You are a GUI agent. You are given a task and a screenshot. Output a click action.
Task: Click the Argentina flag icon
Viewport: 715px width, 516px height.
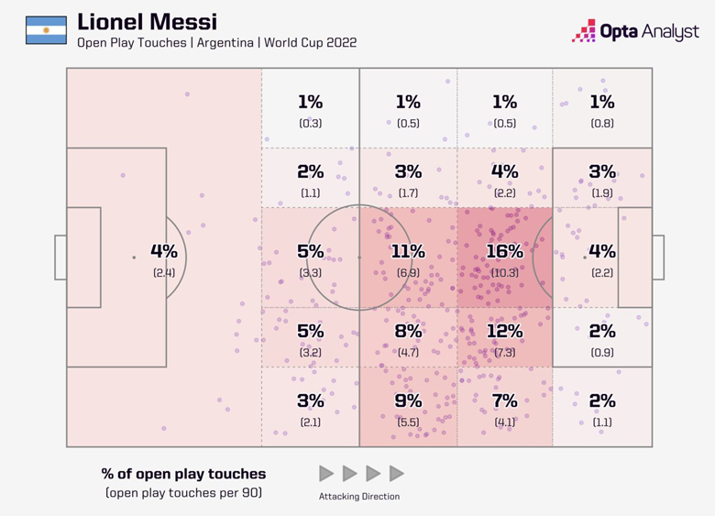point(46,30)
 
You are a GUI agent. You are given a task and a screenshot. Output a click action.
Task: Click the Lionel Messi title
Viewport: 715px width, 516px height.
point(148,21)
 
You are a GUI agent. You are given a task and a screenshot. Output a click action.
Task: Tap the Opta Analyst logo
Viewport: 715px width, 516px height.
point(634,31)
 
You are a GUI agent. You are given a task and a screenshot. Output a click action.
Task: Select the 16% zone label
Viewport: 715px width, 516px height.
point(504,251)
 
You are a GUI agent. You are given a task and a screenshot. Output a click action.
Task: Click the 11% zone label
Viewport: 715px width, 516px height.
point(408,251)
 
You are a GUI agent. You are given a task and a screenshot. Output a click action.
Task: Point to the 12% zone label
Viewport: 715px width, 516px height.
point(504,331)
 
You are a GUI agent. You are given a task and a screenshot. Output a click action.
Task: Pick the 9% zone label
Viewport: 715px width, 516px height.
point(408,401)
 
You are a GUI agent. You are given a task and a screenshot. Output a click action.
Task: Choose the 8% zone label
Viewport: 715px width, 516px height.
point(408,331)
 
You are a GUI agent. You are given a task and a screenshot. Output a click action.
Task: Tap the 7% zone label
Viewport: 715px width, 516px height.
point(504,401)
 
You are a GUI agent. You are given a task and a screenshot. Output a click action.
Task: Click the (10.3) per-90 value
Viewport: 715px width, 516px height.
point(504,272)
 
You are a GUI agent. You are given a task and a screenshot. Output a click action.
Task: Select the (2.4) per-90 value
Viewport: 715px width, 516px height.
point(164,272)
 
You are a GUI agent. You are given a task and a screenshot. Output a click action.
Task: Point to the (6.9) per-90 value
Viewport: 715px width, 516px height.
point(408,272)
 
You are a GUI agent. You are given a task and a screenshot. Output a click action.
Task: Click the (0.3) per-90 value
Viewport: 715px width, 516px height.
point(310,123)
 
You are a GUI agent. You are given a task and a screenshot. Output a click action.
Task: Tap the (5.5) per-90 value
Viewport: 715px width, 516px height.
point(408,422)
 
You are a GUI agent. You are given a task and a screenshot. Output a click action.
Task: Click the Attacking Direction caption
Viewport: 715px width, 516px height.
point(359,497)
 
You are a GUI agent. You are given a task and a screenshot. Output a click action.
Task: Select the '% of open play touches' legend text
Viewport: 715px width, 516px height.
point(183,474)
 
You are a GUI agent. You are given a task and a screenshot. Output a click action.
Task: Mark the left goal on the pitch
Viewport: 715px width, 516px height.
point(60,258)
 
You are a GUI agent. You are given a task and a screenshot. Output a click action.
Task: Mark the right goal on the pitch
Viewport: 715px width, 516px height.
point(658,258)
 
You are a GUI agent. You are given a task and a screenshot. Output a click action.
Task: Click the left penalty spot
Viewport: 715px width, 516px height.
point(134,258)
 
